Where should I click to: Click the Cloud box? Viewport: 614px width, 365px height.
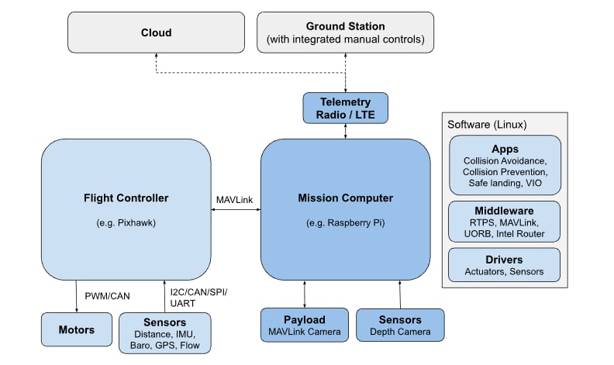156,33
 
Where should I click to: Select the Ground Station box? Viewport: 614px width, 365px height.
346,33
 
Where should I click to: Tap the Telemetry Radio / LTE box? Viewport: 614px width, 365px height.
345,108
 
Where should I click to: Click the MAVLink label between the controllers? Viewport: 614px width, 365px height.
235,199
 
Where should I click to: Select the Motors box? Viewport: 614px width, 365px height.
76,329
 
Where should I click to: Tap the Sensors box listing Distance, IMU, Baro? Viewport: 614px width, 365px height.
164,332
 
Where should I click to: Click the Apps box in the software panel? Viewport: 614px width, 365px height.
505,165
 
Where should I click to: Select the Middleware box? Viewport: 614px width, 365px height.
505,220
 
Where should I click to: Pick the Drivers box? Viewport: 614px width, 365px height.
505,265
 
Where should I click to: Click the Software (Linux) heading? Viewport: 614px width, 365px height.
486,124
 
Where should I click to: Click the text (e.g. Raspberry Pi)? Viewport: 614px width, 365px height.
345,223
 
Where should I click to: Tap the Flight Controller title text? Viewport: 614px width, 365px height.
125,198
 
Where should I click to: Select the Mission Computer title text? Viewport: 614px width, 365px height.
345,198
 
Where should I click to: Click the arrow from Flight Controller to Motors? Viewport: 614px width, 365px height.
76,296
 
